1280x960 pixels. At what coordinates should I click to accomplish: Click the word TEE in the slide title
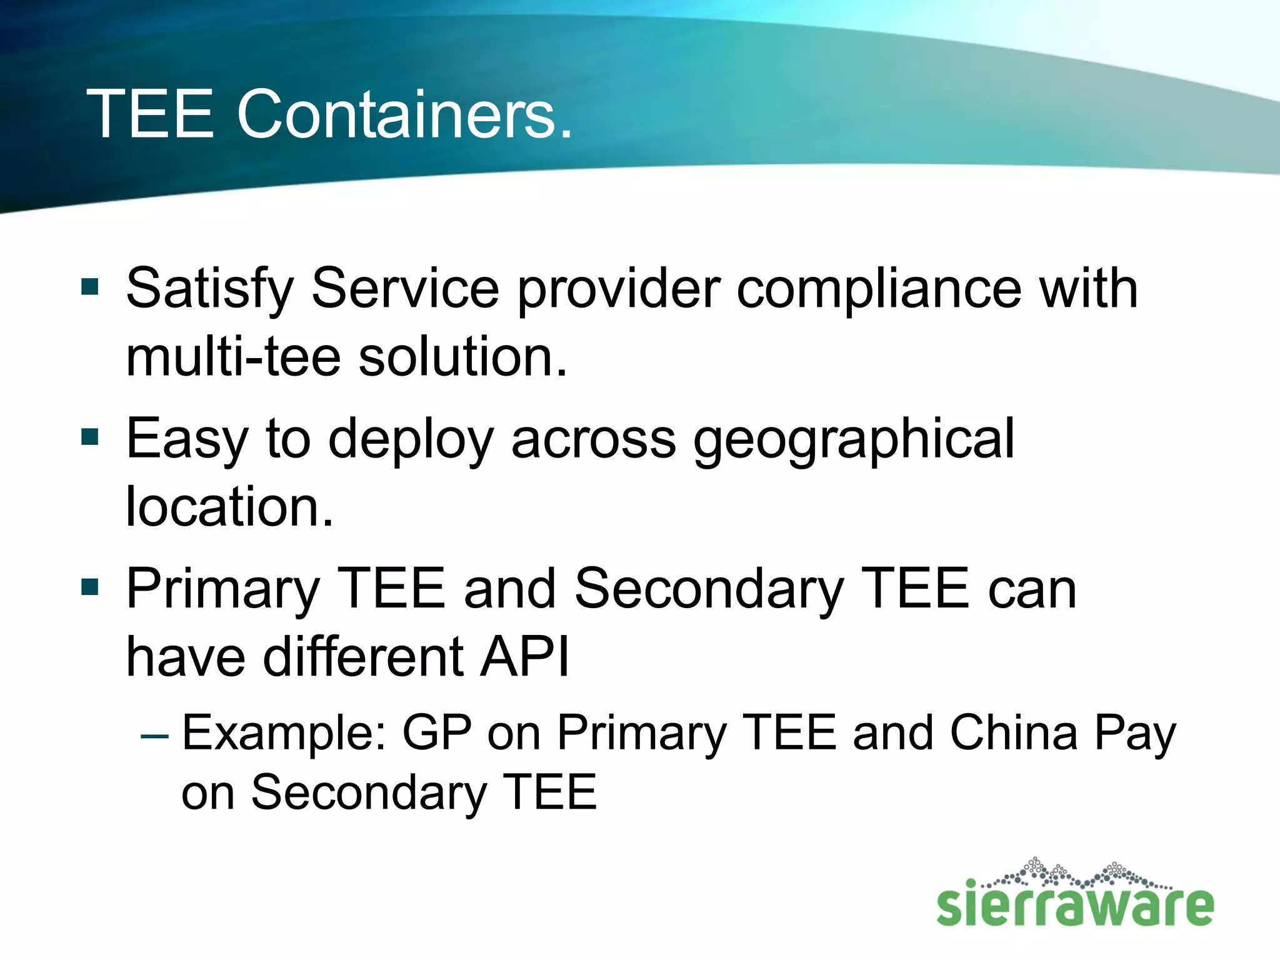click(151, 114)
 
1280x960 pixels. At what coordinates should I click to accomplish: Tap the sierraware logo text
click(1075, 904)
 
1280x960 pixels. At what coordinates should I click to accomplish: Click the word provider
click(618, 289)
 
